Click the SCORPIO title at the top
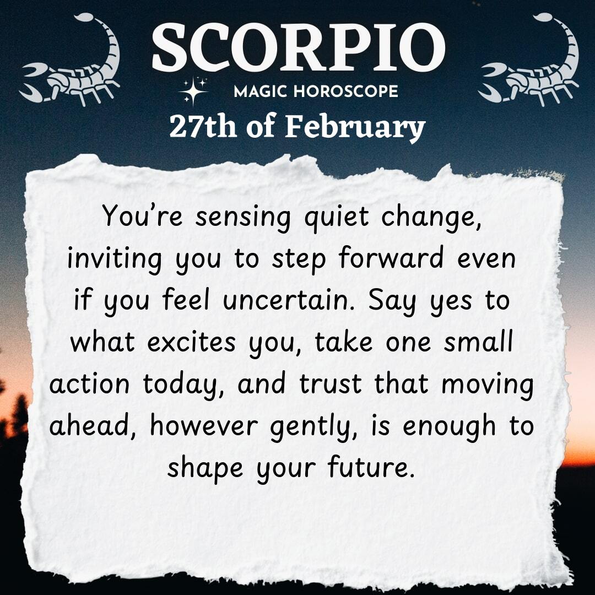click(x=298, y=47)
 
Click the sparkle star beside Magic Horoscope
click(x=193, y=91)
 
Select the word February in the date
click(x=355, y=128)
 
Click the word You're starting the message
click(x=142, y=215)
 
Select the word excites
click(x=191, y=342)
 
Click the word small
click(x=479, y=341)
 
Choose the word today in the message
click(x=183, y=385)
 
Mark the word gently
click(x=313, y=428)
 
